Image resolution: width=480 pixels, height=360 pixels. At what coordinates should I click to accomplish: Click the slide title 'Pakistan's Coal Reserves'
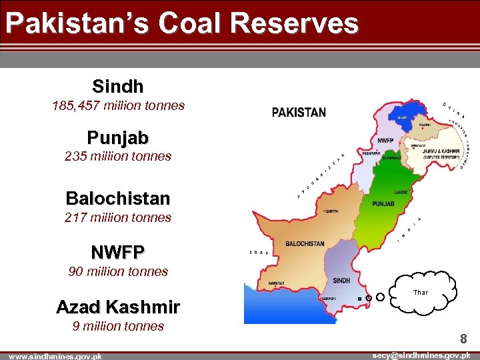point(182,24)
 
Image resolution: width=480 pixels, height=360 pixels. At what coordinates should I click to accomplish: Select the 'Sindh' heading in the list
point(118,86)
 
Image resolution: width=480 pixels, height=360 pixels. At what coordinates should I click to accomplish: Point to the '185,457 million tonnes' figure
point(118,105)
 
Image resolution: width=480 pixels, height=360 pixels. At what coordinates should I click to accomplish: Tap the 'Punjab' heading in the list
point(118,138)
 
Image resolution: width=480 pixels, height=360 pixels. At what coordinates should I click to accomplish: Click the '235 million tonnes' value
point(118,157)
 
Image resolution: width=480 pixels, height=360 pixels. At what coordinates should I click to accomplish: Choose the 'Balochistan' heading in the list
point(118,198)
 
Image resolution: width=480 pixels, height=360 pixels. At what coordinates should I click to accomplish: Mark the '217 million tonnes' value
point(118,217)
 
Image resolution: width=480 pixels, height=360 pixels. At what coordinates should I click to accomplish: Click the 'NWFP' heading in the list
point(118,252)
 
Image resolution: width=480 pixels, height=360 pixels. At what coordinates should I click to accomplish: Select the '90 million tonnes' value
point(118,271)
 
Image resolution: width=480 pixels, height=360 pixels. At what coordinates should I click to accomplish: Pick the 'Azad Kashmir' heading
point(118,307)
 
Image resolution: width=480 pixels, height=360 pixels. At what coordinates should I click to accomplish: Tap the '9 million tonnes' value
point(118,326)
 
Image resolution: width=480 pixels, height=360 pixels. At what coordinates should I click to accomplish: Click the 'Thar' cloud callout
point(421,293)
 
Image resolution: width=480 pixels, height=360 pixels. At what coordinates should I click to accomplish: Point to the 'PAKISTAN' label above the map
point(299,113)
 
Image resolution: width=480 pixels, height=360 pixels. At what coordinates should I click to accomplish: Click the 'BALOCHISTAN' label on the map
point(305,244)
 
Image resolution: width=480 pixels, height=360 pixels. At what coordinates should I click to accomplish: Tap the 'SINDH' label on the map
point(341,281)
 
